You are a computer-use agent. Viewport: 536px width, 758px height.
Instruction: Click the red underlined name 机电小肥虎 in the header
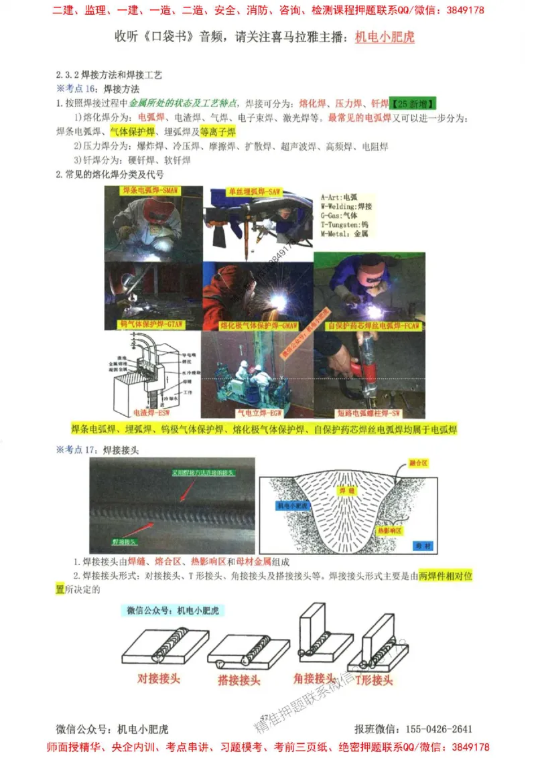coord(384,37)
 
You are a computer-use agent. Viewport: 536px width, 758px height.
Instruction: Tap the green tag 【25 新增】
coord(414,104)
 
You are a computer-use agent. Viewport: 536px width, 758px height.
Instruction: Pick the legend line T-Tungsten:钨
coord(346,226)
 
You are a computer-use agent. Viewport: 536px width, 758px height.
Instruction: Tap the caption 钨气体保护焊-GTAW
coord(151,325)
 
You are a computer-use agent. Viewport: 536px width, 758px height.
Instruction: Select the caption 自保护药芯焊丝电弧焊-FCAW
coord(373,325)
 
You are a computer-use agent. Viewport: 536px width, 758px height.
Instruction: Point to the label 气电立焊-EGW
coord(255,413)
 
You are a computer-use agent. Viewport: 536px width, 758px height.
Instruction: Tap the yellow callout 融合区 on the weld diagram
coord(419,463)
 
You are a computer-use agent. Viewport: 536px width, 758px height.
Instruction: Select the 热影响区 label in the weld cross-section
coord(390,530)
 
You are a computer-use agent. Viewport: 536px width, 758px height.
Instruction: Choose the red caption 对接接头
coord(159,678)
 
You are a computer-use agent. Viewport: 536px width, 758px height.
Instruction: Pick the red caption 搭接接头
coord(239,680)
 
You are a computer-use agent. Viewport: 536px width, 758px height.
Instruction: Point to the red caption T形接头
coord(374,680)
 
